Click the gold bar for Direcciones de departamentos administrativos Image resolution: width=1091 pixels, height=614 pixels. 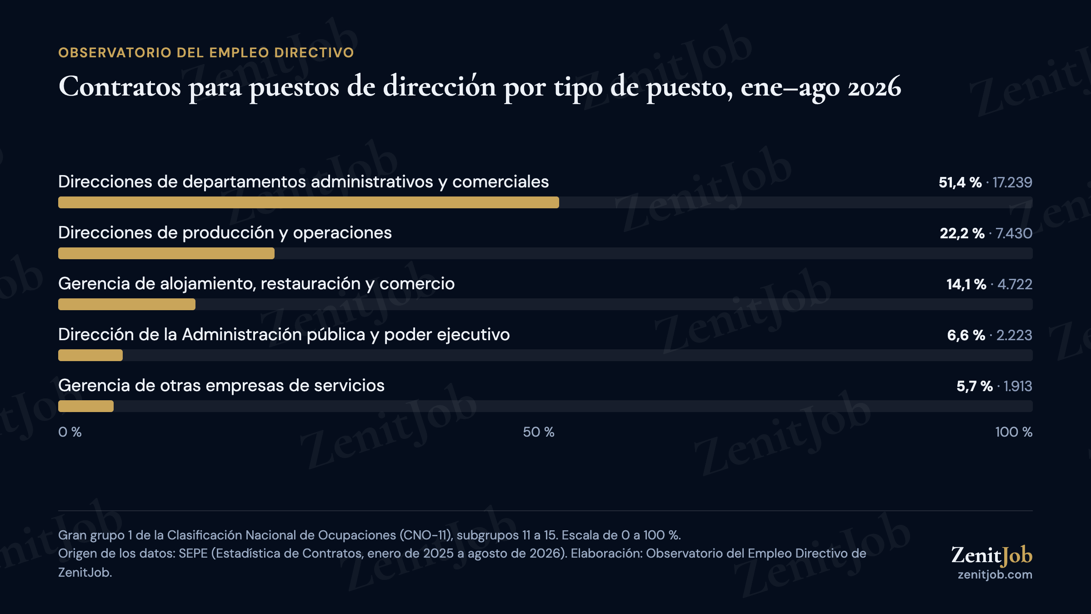[309, 202]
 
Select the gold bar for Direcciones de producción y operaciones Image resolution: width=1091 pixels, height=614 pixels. [166, 253]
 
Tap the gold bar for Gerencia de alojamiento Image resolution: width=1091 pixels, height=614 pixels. [127, 304]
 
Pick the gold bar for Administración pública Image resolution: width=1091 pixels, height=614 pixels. [90, 355]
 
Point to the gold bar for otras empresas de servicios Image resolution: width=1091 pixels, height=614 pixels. [86, 406]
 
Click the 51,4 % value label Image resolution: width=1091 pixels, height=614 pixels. [960, 182]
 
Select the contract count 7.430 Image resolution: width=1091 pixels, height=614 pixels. [1014, 233]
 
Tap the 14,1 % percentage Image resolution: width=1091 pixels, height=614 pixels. [966, 284]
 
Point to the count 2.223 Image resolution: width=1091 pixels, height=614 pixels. [1014, 335]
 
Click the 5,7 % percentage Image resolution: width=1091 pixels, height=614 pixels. [975, 386]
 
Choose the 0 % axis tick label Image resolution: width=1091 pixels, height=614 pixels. [70, 432]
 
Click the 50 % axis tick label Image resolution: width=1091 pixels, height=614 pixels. [539, 432]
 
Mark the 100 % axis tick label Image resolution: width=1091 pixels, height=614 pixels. [1014, 432]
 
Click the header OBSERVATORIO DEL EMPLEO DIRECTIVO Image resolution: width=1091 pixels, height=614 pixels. [206, 53]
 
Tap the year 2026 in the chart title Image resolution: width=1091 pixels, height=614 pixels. [874, 86]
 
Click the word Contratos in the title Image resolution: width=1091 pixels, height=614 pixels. [120, 86]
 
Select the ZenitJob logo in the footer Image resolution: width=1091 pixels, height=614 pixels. [992, 555]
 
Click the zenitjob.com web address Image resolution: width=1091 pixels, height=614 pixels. [995, 575]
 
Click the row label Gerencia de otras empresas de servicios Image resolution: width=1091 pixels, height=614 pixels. [221, 386]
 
